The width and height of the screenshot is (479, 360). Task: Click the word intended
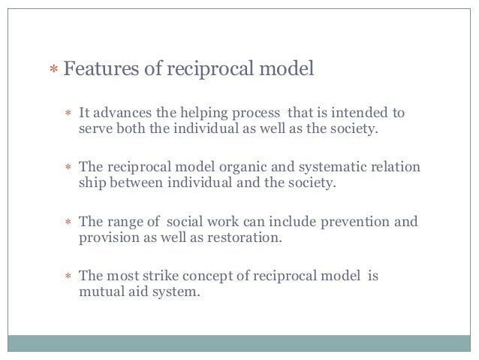(x=362, y=113)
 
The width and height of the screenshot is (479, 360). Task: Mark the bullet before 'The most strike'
(x=67, y=276)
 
